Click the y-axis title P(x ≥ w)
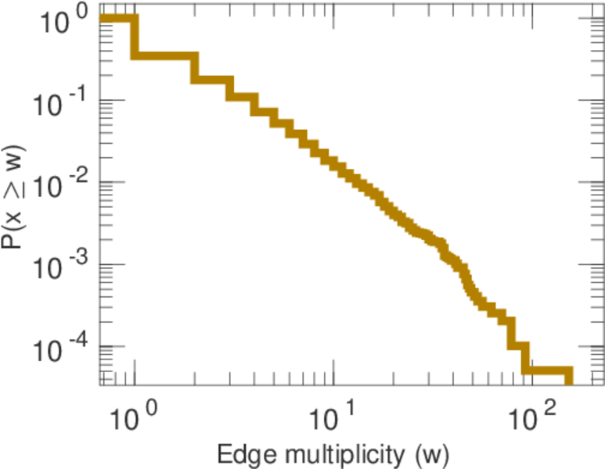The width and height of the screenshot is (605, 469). click(17, 195)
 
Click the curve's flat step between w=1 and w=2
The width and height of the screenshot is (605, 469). click(164, 55)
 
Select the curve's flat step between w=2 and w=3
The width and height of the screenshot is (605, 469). click(212, 79)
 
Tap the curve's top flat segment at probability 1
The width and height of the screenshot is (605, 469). click(117, 18)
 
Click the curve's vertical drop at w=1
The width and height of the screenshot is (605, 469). click(135, 37)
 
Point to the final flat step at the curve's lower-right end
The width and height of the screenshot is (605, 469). click(548, 370)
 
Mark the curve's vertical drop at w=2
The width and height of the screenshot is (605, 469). click(196, 67)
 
